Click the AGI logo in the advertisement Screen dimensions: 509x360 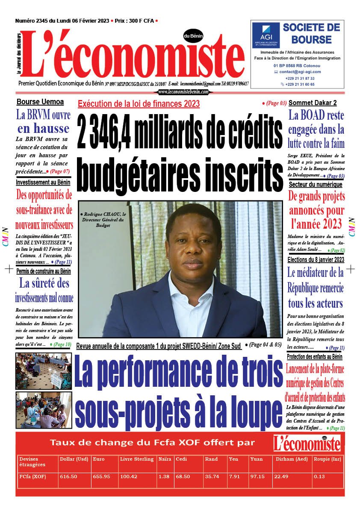pos(266,35)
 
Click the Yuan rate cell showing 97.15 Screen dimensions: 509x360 pos(256,477)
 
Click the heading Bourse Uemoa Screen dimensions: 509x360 pos(40,102)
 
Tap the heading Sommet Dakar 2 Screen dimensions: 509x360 pos(313,103)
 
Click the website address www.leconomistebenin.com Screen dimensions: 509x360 pos(183,91)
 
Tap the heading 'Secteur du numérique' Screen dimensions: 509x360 pos(315,185)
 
